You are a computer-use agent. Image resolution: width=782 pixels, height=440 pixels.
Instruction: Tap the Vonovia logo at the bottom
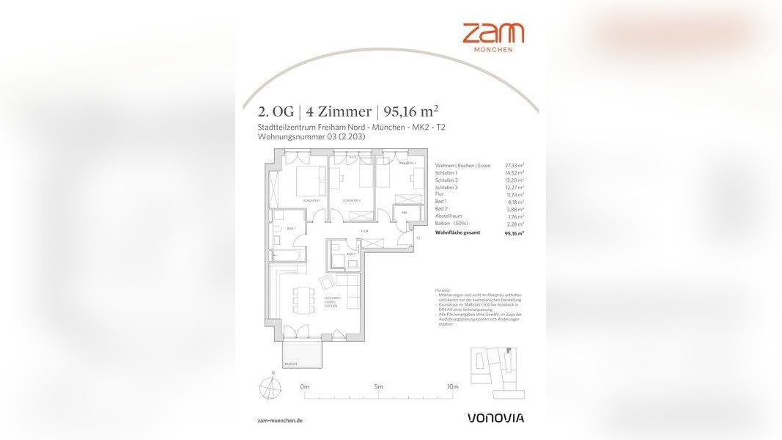(496, 418)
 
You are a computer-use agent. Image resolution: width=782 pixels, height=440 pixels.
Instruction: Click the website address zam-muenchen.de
(281, 421)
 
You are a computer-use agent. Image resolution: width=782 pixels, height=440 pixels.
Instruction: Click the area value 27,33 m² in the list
(514, 166)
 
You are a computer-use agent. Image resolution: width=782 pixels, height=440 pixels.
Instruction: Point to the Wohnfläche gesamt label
(457, 232)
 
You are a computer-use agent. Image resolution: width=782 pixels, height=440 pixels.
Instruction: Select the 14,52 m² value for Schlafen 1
(514, 173)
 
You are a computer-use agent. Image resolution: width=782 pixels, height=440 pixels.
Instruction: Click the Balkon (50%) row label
(451, 224)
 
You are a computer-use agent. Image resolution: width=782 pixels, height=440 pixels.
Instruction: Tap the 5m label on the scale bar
(378, 386)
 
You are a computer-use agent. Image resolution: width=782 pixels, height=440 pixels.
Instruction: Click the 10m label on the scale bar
(452, 386)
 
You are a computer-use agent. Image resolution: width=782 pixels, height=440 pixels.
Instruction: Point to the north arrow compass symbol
(273, 386)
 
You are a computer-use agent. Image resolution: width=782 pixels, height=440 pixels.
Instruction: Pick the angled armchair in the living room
(327, 282)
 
